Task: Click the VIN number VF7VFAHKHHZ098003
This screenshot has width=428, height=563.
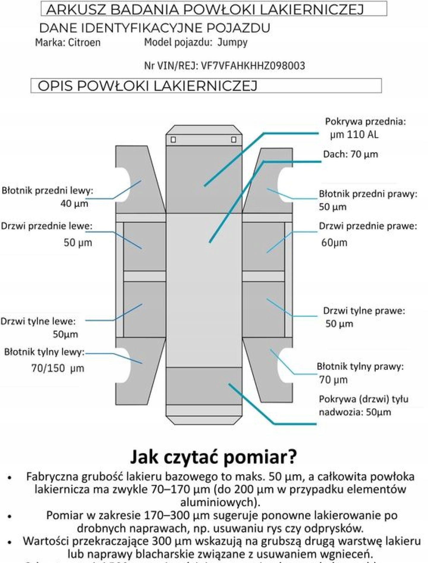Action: (253, 66)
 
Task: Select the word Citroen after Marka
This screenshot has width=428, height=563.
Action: (84, 43)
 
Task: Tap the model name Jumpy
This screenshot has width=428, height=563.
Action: (232, 42)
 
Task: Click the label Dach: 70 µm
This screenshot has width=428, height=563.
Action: (350, 154)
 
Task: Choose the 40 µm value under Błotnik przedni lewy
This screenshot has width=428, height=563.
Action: (74, 204)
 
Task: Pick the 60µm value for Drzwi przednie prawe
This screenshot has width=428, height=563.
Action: (334, 243)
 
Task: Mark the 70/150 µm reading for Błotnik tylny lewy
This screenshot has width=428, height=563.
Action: (58, 368)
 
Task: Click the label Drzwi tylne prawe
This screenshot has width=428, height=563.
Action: (364, 311)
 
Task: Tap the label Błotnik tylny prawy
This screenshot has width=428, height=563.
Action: (360, 366)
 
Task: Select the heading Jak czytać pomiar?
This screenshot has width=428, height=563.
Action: (213, 457)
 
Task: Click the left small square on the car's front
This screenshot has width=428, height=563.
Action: (173, 139)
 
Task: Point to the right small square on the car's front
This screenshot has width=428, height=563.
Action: (234, 139)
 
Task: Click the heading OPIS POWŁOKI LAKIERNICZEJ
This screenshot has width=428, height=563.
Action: (147, 86)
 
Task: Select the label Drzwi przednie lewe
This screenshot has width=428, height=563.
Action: (47, 226)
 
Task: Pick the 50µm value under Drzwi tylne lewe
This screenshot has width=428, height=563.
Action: (65, 334)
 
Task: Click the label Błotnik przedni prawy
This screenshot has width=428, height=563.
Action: (368, 194)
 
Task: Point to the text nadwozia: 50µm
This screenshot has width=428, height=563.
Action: (355, 412)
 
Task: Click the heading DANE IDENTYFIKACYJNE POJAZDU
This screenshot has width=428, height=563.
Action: (155, 28)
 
